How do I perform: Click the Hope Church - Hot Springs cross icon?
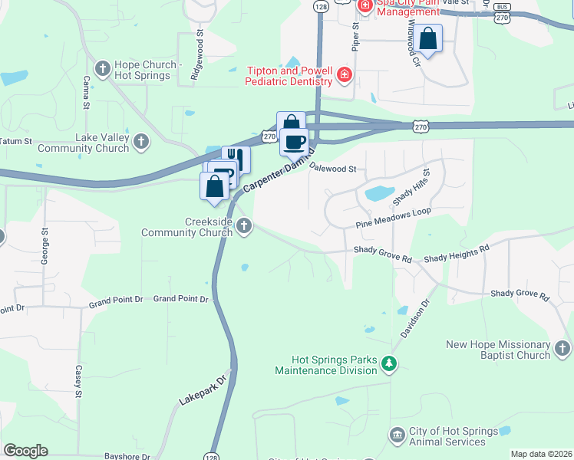(101, 65)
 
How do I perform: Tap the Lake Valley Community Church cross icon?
(140, 141)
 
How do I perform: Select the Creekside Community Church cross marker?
(244, 225)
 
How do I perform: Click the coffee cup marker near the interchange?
(293, 142)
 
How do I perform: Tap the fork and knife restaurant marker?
(236, 159)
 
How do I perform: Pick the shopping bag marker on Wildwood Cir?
(430, 38)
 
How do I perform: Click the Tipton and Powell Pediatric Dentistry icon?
(345, 75)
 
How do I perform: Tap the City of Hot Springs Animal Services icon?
(397, 435)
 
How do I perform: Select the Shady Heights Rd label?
(457, 254)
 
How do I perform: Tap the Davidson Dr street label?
(414, 319)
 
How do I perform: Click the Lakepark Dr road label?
(203, 389)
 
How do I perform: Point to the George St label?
(45, 241)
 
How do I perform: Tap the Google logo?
(25, 451)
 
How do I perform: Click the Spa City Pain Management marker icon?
(365, 7)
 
